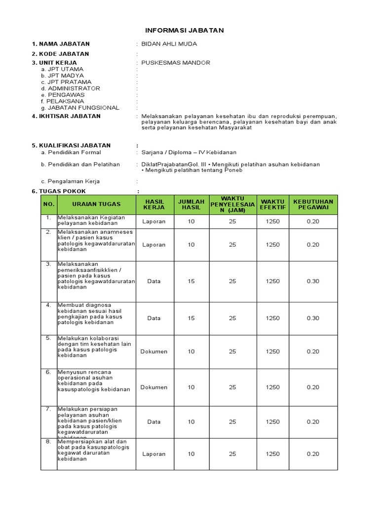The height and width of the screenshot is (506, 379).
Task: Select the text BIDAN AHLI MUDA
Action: click(169, 44)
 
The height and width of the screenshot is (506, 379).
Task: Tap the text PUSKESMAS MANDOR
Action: click(175, 63)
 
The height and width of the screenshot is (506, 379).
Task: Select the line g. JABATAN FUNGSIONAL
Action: click(80, 107)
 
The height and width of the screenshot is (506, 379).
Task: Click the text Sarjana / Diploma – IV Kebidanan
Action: click(189, 153)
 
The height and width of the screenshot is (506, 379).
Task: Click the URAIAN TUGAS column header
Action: click(96, 204)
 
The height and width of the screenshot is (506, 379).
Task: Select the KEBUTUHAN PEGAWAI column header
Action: click(313, 204)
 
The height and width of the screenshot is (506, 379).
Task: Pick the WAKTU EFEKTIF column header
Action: click(272, 204)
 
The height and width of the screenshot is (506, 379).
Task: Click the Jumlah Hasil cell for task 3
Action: click(191, 281)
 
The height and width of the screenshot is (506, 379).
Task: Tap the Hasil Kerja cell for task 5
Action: click(153, 352)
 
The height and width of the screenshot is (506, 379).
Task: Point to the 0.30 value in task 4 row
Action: click(313, 318)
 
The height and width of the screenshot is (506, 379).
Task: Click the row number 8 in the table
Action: click(49, 442)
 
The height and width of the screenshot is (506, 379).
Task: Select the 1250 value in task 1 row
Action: click(272, 221)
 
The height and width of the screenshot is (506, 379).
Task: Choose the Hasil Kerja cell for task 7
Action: click(153, 422)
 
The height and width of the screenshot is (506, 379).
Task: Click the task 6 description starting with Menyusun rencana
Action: click(94, 380)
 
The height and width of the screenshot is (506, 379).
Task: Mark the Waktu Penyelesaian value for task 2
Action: click(232, 245)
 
